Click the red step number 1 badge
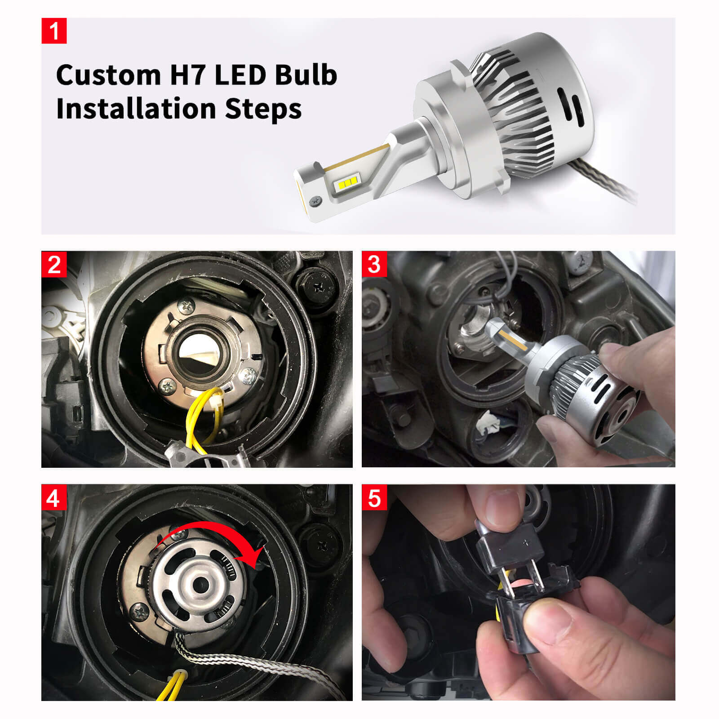tap(54, 31)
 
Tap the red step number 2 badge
tap(54, 264)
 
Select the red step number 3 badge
tap(374, 264)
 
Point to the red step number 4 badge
tap(54, 497)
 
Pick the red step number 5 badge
tap(374, 497)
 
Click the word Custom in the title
tap(108, 75)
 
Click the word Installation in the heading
tap(136, 109)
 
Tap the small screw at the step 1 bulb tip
tap(317, 201)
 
